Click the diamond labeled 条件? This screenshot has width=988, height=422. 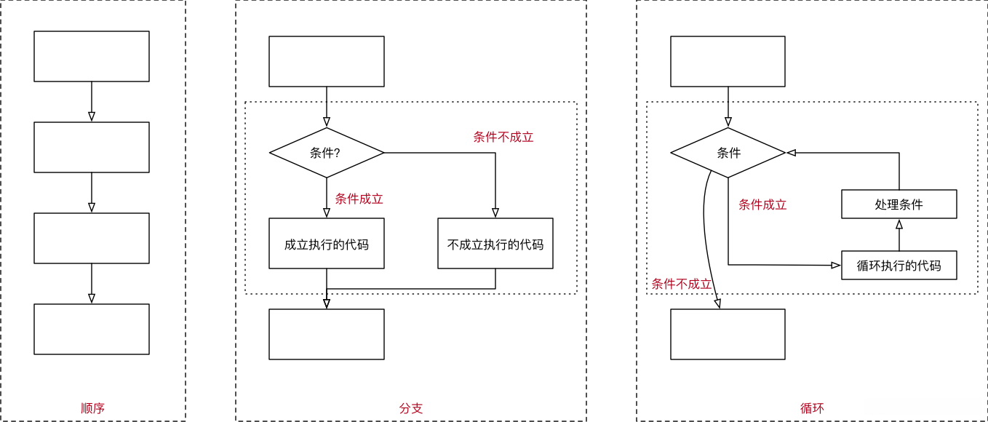click(326, 153)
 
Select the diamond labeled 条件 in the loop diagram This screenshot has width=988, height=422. click(728, 153)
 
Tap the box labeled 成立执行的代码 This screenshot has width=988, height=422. click(326, 244)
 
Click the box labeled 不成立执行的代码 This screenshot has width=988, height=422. click(495, 244)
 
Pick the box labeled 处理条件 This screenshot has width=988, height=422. click(899, 204)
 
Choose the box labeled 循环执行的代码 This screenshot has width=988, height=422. click(899, 266)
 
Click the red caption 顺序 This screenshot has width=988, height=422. click(92, 408)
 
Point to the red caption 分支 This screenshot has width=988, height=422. click(411, 408)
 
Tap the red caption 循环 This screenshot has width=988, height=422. click(812, 408)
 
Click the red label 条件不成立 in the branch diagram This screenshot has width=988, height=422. click(503, 137)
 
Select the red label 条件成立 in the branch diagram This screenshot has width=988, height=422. click(359, 199)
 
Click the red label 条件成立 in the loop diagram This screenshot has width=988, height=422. click(762, 204)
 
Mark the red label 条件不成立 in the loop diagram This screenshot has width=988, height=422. click(681, 284)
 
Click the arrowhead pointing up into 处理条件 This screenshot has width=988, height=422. click(899, 225)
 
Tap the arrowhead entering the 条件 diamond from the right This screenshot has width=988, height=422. click(792, 153)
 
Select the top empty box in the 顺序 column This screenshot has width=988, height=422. click(92, 56)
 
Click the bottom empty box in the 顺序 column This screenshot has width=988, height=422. click(92, 329)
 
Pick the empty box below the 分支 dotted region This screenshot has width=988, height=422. click(326, 334)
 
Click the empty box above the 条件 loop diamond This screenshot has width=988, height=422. click(728, 61)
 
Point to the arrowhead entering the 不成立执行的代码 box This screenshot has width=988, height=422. click(495, 213)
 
